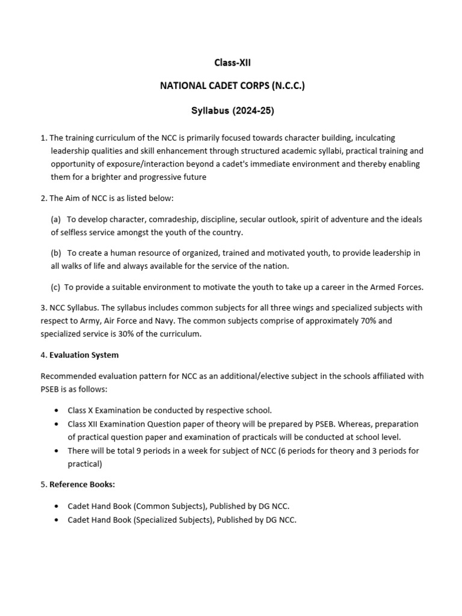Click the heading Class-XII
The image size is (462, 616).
pos(232,62)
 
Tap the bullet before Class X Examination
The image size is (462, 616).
pos(56,410)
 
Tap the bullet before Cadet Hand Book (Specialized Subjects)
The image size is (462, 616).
pos(56,519)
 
